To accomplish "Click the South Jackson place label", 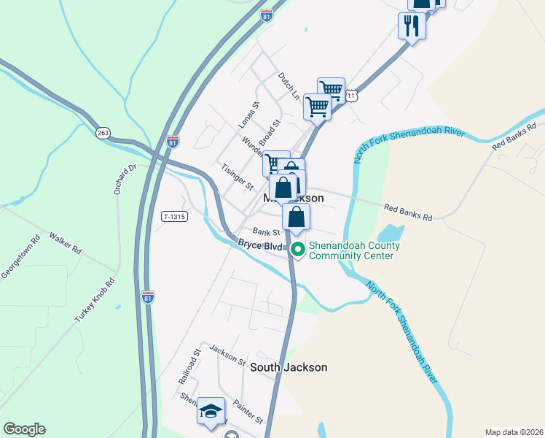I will coord(289,367).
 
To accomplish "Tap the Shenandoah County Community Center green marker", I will coord(298,250).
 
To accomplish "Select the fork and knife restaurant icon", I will coord(412,26).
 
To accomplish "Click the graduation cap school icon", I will coord(211,411).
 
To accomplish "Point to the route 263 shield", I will coord(103,132).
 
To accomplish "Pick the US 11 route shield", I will coord(353,96).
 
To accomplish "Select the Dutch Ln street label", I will coord(289,85).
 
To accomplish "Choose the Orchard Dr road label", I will coord(124,180).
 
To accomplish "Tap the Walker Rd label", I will coord(65,242).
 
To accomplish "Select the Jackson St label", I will coord(227,356).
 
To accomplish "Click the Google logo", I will coord(24,429).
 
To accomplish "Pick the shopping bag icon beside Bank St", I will coord(296,217).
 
